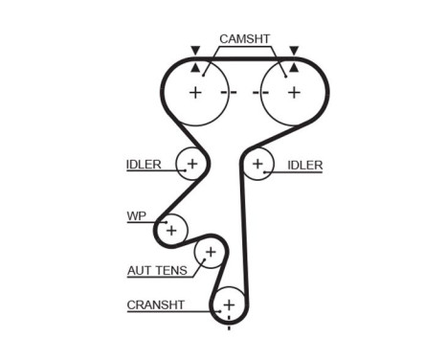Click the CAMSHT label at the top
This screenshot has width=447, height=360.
(x=245, y=39)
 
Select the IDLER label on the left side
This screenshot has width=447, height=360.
(x=144, y=165)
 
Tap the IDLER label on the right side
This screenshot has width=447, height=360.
(x=304, y=165)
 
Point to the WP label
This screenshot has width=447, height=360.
(x=136, y=215)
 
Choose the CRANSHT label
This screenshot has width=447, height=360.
(x=154, y=305)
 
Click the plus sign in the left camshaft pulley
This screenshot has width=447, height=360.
(x=195, y=93)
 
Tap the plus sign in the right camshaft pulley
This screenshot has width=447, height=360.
(x=294, y=93)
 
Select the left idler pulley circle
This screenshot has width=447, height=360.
(x=191, y=165)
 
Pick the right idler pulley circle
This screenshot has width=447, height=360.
(x=257, y=165)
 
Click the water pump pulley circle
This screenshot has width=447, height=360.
(x=171, y=230)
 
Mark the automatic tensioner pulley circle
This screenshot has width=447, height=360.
(x=209, y=254)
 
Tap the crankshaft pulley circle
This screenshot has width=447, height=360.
(x=229, y=305)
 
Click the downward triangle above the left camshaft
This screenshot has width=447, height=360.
(x=195, y=49)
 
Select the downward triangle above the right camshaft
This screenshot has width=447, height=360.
(x=294, y=49)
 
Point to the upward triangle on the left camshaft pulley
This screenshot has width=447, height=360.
(x=195, y=68)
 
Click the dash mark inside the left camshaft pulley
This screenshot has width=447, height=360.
(x=226, y=93)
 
